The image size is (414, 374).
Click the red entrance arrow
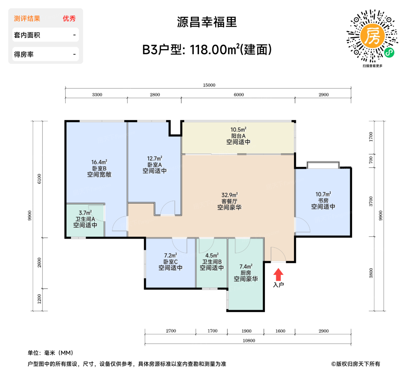pos(278,274)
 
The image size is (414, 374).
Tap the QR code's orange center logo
pos(372,36)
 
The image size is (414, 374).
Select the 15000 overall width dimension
pos(209,85)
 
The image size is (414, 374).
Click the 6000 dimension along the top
pos(239,95)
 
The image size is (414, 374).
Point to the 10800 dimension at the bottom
pos(249,341)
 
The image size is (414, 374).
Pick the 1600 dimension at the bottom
pos(280,331)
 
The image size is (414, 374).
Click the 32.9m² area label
pos(229,195)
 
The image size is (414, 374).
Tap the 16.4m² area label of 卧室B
pos(99,162)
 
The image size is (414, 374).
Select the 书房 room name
pos(323,201)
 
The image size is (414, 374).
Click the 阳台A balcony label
pos(238,136)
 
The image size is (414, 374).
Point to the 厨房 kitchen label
pos(246,273)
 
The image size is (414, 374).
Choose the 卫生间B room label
pos(212,262)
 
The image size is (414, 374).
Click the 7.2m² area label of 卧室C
pos(171,255)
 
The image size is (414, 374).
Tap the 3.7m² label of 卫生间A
pos(85,213)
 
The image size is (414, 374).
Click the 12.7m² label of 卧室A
pos(155,159)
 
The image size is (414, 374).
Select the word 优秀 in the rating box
pos(69,19)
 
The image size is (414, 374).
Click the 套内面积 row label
pos(27,35)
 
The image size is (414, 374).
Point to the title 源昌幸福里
pos(207,22)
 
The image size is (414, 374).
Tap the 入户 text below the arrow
pos(278,285)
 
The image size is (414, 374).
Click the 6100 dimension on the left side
pos(39,179)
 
